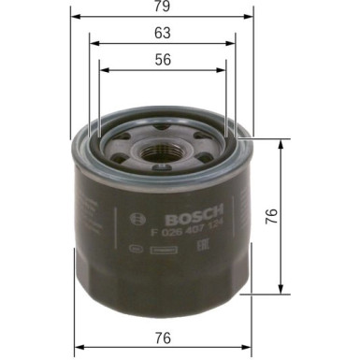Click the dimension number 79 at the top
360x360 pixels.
pos(163,6)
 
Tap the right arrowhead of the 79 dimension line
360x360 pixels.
pos(250,16)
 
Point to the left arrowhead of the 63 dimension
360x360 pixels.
pos(92,41)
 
